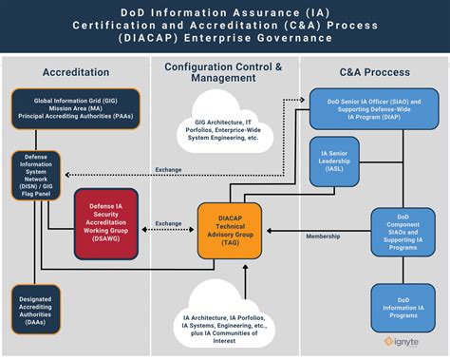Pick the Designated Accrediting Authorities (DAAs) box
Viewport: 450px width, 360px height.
(x=34, y=310)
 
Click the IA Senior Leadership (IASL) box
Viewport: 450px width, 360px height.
(x=337, y=162)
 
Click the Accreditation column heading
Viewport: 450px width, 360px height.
(x=75, y=73)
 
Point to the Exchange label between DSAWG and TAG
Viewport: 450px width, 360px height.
(x=169, y=223)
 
